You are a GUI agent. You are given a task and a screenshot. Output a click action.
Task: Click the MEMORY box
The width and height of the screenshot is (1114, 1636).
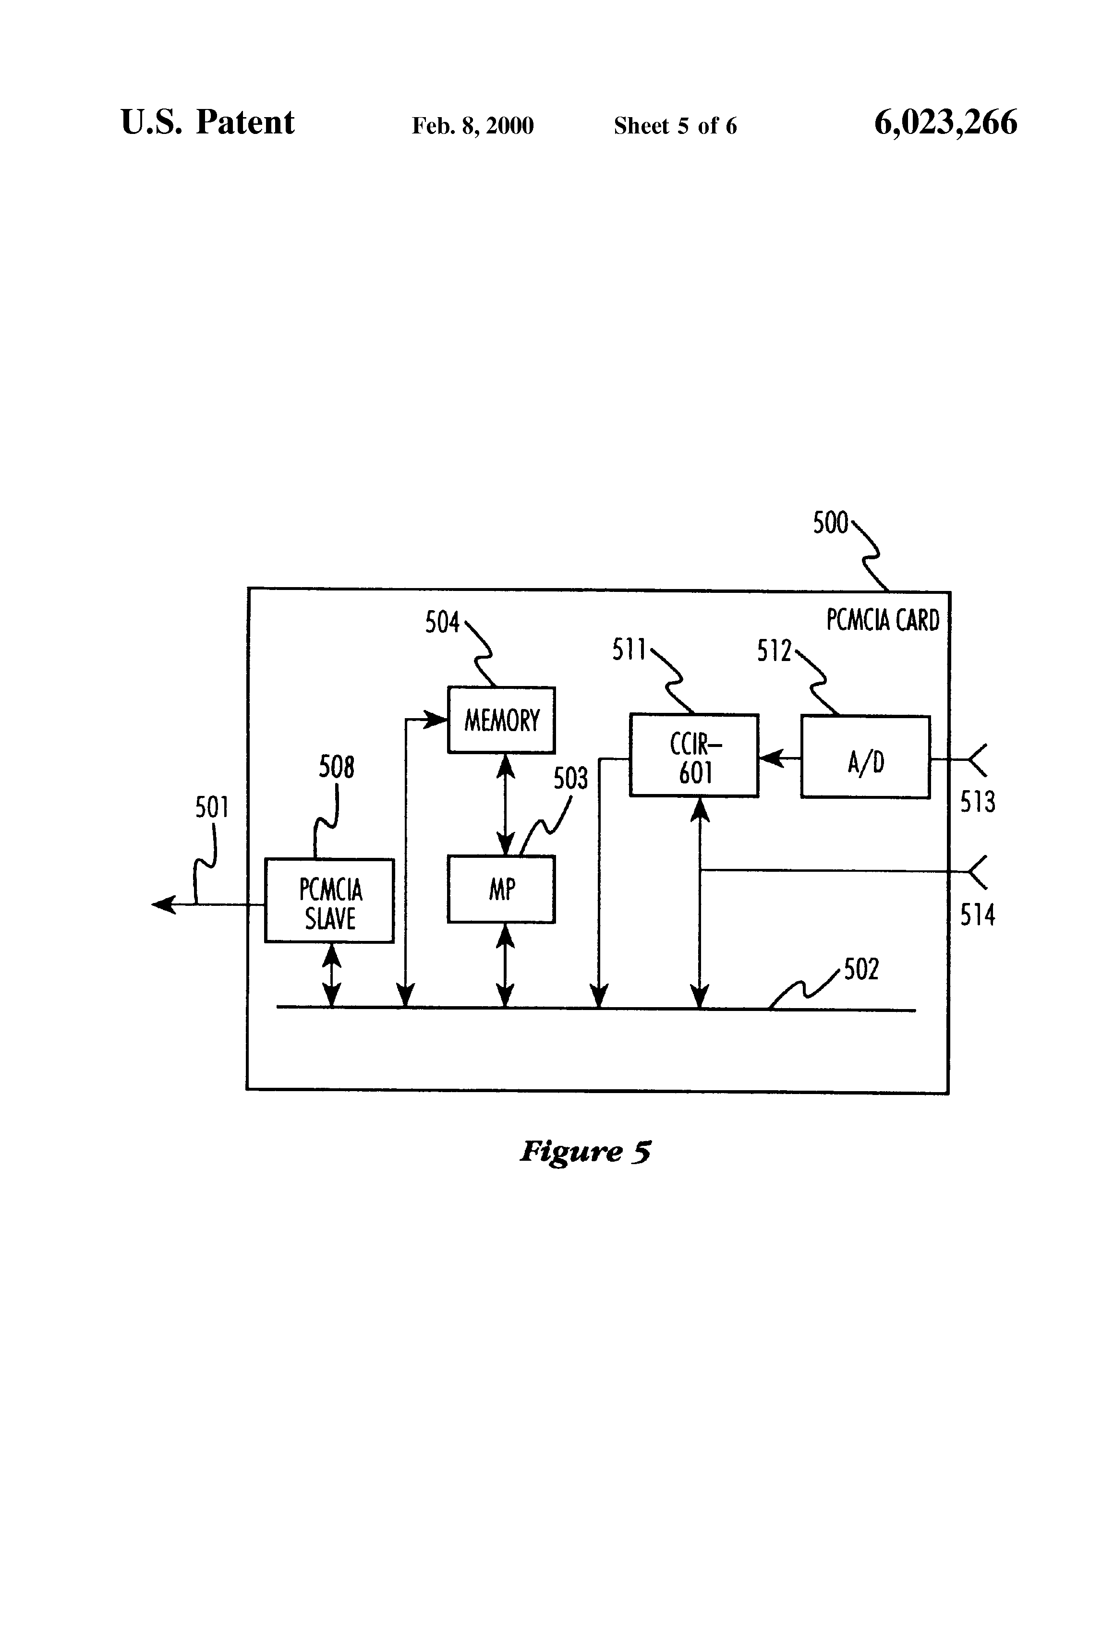coord(501,720)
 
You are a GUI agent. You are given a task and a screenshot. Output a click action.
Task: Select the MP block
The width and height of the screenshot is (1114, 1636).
coord(501,889)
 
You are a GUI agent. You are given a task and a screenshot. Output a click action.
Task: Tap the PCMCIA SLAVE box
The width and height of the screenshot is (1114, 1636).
coord(329,901)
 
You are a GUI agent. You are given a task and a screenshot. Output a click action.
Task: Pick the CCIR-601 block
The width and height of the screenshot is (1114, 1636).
coord(694,755)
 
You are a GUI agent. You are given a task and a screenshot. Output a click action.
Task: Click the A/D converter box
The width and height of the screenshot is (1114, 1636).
coord(865,757)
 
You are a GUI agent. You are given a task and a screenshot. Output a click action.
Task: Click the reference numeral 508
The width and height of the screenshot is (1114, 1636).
coord(337,767)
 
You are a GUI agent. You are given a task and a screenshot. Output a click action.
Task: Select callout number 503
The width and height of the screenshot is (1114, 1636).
coord(570,779)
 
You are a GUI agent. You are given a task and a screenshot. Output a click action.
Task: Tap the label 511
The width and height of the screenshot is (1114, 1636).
coord(629,650)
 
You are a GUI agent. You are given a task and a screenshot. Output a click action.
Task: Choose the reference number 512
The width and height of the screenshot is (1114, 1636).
coord(775,651)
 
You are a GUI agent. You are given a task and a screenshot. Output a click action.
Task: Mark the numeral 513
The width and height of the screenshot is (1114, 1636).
coord(977,802)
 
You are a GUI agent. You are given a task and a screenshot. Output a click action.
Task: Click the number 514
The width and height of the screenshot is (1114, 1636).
coord(977,914)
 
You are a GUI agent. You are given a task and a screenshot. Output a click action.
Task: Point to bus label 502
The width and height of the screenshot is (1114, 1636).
coord(861,969)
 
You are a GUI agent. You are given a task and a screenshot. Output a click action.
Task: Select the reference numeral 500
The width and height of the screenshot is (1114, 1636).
coord(831,523)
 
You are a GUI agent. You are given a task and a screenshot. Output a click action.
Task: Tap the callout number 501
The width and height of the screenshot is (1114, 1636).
coord(212,807)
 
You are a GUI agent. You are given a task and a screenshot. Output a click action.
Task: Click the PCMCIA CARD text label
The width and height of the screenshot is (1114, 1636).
coord(883,620)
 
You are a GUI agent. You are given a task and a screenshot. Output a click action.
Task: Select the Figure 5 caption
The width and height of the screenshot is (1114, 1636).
coord(585,1152)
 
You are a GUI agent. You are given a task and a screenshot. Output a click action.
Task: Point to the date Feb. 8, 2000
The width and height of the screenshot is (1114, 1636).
coord(472,126)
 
